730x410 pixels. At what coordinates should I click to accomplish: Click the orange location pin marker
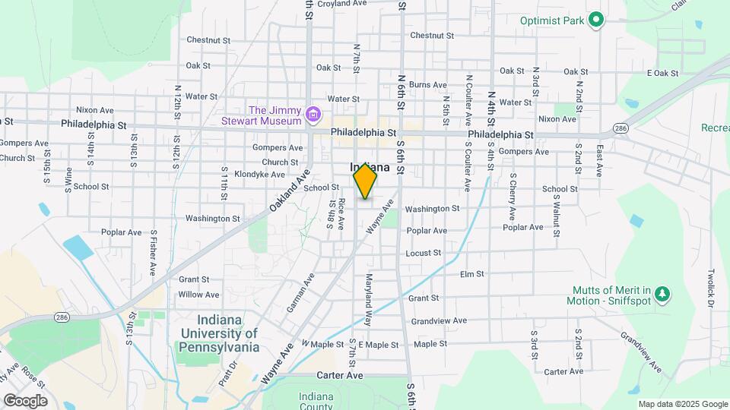coord(365,181)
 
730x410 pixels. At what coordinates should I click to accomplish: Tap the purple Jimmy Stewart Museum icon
coord(313,115)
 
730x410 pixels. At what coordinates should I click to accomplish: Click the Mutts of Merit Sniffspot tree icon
coord(662,294)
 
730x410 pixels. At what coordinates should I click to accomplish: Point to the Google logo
coord(25,401)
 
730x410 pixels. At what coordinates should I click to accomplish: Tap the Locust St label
coord(423,253)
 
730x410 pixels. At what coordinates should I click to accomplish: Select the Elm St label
coord(471,274)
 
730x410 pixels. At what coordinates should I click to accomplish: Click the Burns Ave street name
coord(427,84)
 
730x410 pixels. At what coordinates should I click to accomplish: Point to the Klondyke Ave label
coord(239,175)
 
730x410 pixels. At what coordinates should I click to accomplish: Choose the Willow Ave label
coord(198,295)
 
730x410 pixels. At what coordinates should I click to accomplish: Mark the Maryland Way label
coord(370,300)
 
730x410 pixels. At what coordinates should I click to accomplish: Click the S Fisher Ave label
coord(153,252)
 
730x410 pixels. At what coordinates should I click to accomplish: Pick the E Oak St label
coord(662,73)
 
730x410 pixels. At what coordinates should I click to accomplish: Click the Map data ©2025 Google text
coord(683,404)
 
